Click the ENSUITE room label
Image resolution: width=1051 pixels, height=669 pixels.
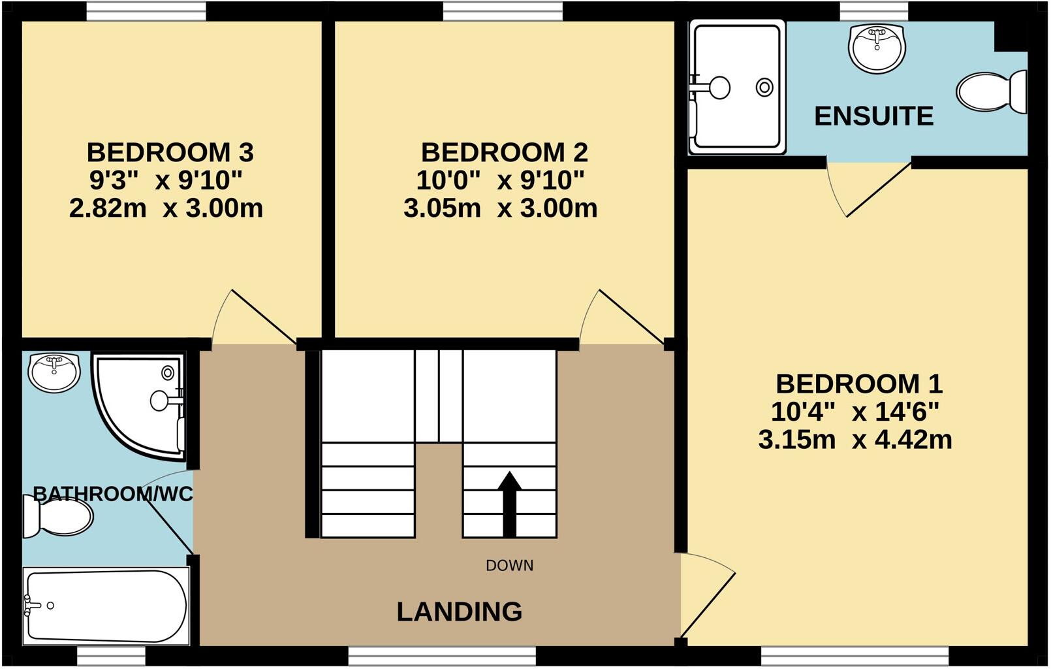click(873, 116)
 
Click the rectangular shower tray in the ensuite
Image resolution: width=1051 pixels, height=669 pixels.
click(737, 87)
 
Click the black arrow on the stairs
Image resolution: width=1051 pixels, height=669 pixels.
click(509, 504)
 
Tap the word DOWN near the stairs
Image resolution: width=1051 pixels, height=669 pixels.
click(509, 566)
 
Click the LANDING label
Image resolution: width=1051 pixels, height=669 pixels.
click(460, 612)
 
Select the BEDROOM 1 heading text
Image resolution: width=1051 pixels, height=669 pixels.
click(858, 383)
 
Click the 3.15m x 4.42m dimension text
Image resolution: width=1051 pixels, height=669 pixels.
click(855, 440)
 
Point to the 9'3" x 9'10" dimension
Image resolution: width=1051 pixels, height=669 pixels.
click(166, 180)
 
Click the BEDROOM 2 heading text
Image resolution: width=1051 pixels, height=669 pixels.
click(504, 152)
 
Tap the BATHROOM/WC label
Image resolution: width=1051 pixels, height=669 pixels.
click(112, 494)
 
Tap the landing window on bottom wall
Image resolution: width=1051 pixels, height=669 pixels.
click(441, 655)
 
